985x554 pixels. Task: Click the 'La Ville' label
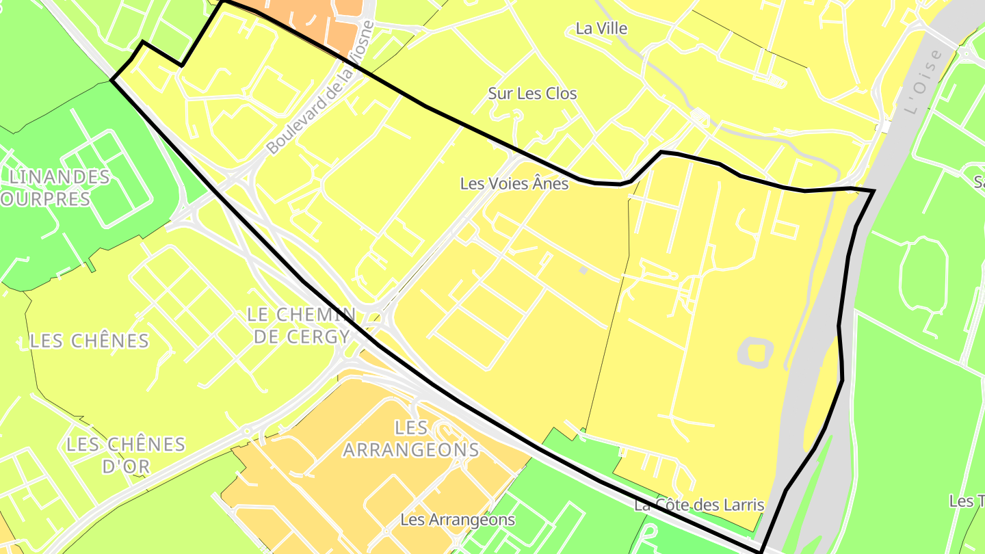pyautogui.click(x=601, y=29)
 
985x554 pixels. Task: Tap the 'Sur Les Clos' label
pyautogui.click(x=532, y=94)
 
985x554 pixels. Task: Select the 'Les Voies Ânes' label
pyautogui.click(x=514, y=183)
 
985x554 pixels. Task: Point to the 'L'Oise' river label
pyautogui.click(x=923, y=83)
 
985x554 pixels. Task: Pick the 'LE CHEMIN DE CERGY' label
pyautogui.click(x=300, y=326)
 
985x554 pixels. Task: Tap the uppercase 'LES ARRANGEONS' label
pyautogui.click(x=410, y=439)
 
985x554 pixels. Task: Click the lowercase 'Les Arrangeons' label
pyautogui.click(x=458, y=520)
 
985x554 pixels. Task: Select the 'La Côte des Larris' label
pyautogui.click(x=698, y=505)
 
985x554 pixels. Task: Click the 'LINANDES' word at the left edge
pyautogui.click(x=59, y=177)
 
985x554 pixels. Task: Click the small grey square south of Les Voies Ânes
pyautogui.click(x=583, y=271)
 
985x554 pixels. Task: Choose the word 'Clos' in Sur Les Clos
pyautogui.click(x=561, y=94)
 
